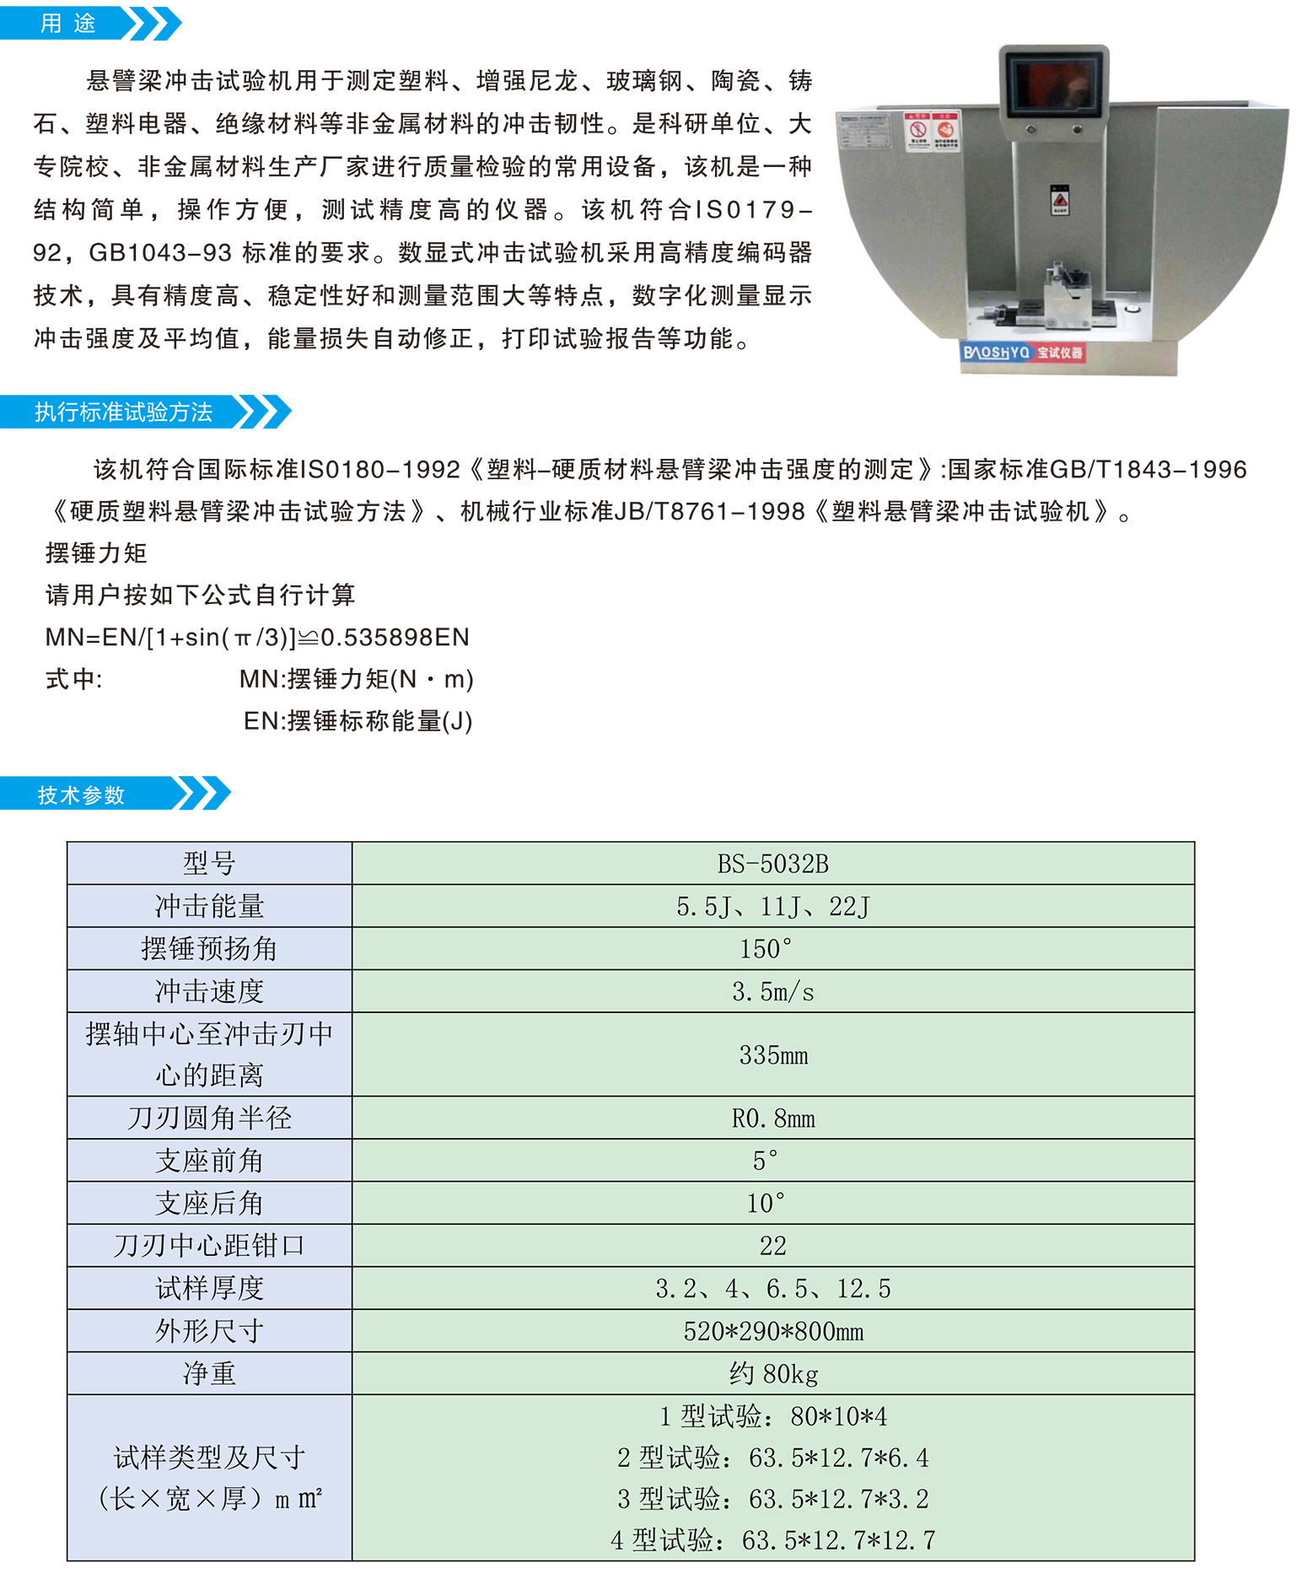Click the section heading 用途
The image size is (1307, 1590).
pos(68,23)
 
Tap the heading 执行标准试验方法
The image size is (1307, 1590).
pos(123,412)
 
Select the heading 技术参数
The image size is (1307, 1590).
pos(81,795)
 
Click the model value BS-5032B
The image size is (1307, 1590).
pos(772,864)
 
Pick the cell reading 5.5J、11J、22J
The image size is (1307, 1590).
pos(772,907)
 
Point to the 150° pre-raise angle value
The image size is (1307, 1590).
pos(766,949)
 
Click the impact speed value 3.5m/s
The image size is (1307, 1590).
pos(772,992)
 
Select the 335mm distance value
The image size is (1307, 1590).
pos(773,1055)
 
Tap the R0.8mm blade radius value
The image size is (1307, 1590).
pos(773,1118)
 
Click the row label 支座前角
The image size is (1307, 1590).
pos(209,1161)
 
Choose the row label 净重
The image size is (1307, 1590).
pos(209,1373)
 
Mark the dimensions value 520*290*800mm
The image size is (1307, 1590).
pos(773,1331)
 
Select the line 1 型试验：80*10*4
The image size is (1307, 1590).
pos(773,1416)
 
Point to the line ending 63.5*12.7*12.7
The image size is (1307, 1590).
pos(773,1540)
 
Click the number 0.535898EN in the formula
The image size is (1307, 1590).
pos(395,637)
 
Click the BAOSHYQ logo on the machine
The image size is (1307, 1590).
pos(996,352)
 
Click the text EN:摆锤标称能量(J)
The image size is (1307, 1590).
pos(358,721)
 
